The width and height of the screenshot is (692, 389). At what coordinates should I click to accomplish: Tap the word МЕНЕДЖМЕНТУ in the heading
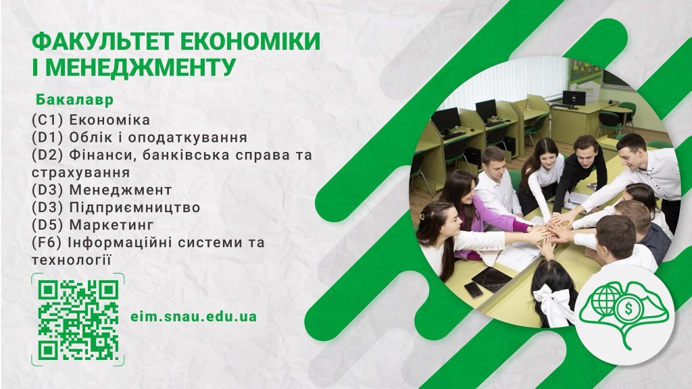click(x=141, y=68)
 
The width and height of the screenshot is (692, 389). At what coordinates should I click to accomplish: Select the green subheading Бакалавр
click(x=74, y=100)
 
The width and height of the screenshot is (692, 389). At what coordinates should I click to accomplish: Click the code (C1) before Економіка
click(x=48, y=120)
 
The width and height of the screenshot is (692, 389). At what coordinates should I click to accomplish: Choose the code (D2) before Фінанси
click(x=48, y=155)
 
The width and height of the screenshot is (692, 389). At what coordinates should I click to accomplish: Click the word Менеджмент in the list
click(x=120, y=190)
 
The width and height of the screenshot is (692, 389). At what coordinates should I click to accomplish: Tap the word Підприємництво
click(x=134, y=208)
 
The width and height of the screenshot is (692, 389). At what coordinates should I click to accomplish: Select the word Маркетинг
click(x=112, y=225)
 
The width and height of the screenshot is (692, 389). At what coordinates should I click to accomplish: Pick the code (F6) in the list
click(x=48, y=242)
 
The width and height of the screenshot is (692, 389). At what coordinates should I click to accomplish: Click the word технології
click(x=70, y=260)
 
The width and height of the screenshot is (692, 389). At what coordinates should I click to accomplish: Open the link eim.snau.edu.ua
click(x=194, y=317)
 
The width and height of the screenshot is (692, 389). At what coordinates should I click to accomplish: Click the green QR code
click(x=78, y=319)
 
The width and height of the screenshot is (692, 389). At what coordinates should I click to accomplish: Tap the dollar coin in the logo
click(x=626, y=309)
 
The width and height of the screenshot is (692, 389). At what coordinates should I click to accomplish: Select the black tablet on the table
click(x=492, y=279)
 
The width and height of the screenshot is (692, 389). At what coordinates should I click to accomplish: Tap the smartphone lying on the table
click(x=474, y=290)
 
